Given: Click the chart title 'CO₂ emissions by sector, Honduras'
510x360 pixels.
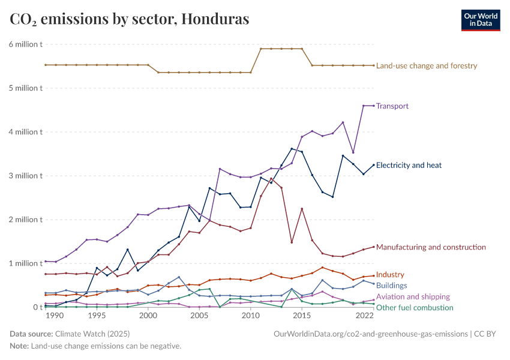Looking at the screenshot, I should (129, 19).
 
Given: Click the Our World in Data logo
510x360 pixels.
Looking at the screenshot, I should (480, 19).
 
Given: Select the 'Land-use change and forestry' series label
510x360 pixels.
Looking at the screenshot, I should (426, 65).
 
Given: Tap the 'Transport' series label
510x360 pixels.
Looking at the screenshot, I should (392, 106).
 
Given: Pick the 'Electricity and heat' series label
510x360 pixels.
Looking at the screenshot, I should (413, 165).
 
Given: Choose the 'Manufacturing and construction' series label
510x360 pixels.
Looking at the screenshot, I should (431, 247).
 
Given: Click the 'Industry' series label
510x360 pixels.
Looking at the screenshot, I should (390, 275).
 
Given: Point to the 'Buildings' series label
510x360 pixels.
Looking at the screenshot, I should (391, 286).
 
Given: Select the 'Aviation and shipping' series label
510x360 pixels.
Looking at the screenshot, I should (413, 296).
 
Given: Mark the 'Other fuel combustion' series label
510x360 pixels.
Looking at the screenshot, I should (414, 308).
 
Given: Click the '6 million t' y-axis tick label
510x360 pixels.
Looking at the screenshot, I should (25, 44).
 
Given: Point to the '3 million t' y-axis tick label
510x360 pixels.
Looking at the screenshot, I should (25, 176).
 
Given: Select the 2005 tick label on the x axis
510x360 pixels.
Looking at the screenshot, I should (199, 316).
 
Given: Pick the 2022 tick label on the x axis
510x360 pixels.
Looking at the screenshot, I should (364, 316).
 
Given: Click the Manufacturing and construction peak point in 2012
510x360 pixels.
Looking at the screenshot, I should (271, 178).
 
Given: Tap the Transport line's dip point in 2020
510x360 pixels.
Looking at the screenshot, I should (353, 152).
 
